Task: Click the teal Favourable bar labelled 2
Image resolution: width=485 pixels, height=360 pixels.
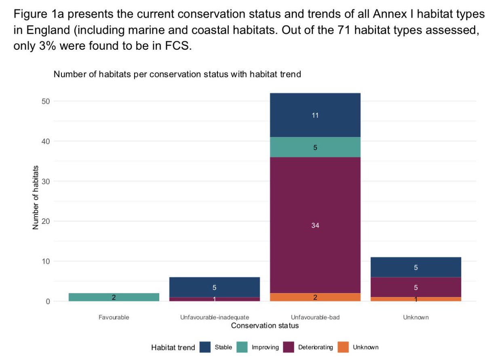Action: pyautogui.click(x=114, y=297)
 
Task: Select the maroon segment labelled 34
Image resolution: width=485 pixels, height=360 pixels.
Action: pyautogui.click(x=315, y=225)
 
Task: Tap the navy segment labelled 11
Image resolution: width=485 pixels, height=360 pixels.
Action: pyautogui.click(x=315, y=115)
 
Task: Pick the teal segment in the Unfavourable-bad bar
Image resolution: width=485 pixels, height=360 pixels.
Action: pyautogui.click(x=315, y=148)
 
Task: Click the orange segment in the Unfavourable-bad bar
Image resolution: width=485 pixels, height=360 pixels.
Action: pyautogui.click(x=315, y=297)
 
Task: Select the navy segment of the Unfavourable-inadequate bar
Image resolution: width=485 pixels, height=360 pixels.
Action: pyautogui.click(x=215, y=287)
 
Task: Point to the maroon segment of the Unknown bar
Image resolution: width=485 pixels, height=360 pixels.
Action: pyautogui.click(x=416, y=288)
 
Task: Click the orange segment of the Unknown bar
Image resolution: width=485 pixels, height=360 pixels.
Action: pyautogui.click(x=416, y=299)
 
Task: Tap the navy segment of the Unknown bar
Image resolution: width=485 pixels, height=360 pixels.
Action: pyautogui.click(x=416, y=267)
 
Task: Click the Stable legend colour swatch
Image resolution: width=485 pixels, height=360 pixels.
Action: pyautogui.click(x=206, y=347)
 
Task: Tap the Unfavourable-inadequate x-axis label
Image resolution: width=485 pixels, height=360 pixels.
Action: pyautogui.click(x=215, y=318)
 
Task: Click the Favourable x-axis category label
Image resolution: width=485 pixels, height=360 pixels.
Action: pyautogui.click(x=114, y=318)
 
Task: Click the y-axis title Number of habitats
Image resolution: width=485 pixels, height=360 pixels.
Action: pyautogui.click(x=36, y=198)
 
